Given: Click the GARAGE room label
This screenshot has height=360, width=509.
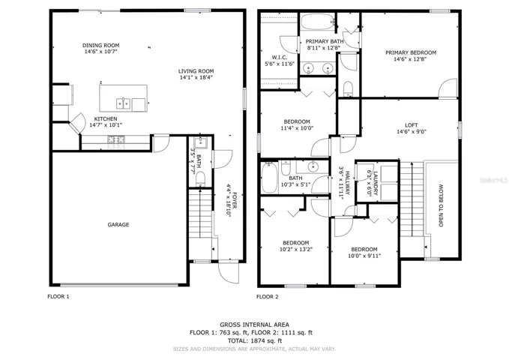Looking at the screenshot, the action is point(118,224).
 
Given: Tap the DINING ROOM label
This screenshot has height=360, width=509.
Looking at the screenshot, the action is point(101,46).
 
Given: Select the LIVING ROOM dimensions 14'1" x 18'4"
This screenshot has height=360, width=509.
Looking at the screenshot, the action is point(196,77).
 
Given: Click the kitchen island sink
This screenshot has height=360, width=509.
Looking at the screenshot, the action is point(123,103).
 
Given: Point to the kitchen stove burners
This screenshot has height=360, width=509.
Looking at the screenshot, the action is point(116,139).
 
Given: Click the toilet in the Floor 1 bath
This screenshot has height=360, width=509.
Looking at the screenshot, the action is point(201,178).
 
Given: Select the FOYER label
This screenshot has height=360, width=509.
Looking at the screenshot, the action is point(235,201).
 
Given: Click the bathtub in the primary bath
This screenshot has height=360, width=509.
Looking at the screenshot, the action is point(318,22).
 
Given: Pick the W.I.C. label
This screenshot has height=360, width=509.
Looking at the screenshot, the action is point(280,58).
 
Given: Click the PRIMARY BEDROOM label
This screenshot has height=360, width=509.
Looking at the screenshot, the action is point(411,52).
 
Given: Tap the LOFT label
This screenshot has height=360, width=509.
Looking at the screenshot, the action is point(412,125).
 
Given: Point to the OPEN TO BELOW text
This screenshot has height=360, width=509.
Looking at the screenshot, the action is point(441,205).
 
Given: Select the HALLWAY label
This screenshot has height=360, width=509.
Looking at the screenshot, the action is point(348,183).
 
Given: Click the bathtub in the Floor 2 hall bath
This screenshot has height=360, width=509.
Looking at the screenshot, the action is point(269,178).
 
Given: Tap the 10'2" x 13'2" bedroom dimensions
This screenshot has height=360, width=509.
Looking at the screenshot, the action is point(295,250).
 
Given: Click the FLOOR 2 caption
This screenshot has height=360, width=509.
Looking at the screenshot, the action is point(267,296).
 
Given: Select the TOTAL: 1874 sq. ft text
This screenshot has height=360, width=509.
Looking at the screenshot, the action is point(255,340).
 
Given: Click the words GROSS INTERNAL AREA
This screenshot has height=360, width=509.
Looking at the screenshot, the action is point(255,325).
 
